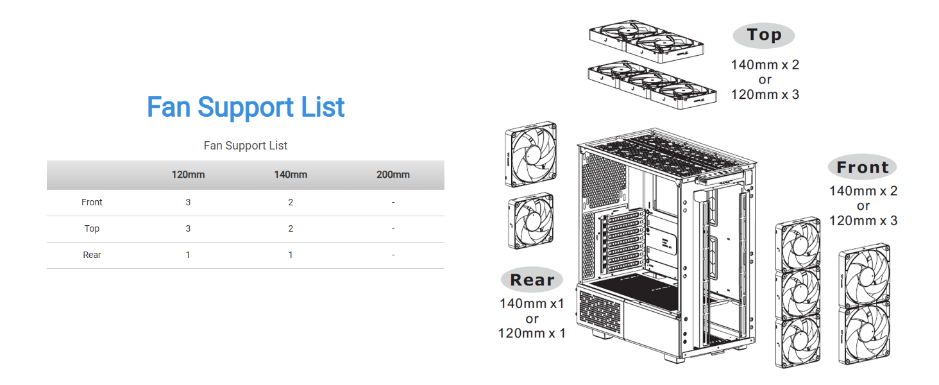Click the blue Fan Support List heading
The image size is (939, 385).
coord(246,107)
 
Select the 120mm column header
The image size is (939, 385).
coord(188,175)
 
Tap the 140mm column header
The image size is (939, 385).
coord(291,175)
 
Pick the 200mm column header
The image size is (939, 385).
coord(393,175)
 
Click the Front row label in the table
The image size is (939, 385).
coord(92,202)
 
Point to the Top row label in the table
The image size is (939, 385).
coord(92,228)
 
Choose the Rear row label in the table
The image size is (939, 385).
coord(92,255)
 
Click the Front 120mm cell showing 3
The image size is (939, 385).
coord(188,202)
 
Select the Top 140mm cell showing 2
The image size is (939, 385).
coord(291,228)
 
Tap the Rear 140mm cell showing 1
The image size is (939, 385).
coord(291,255)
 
